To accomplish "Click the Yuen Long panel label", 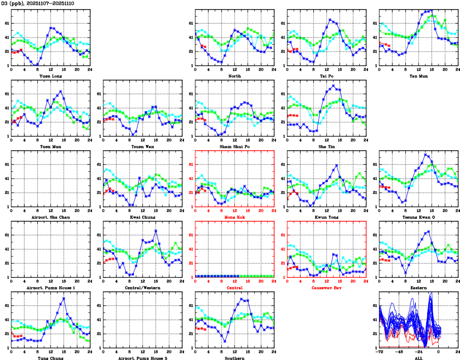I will (x=50, y=76).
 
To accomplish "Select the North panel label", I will (x=234, y=76).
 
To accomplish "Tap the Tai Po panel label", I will (x=326, y=76).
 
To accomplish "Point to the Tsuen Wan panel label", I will (x=142, y=146).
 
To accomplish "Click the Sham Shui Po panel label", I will (x=234, y=146).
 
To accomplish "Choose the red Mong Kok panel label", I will (x=234, y=217).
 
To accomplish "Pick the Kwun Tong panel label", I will (x=326, y=217).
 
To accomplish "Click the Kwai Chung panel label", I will (x=142, y=217).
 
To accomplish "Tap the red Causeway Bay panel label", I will (x=326, y=288).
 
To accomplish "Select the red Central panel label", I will (x=234, y=288).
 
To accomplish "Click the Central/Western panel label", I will (x=142, y=288).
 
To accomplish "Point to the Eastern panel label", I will (x=418, y=288).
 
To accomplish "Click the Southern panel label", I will (x=234, y=358).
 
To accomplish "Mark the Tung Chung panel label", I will (x=50, y=358).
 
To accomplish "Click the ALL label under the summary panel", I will (x=418, y=358).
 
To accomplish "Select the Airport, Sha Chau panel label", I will (x=50, y=217).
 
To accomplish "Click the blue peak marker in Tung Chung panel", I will (x=64, y=298).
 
